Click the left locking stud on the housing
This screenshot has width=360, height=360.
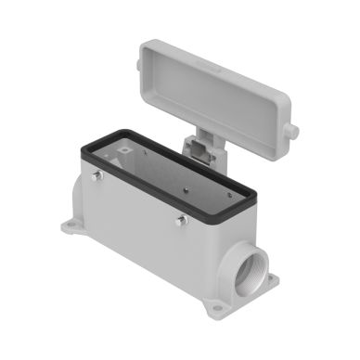click(96, 175)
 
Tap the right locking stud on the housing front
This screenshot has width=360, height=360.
click(181, 220)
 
